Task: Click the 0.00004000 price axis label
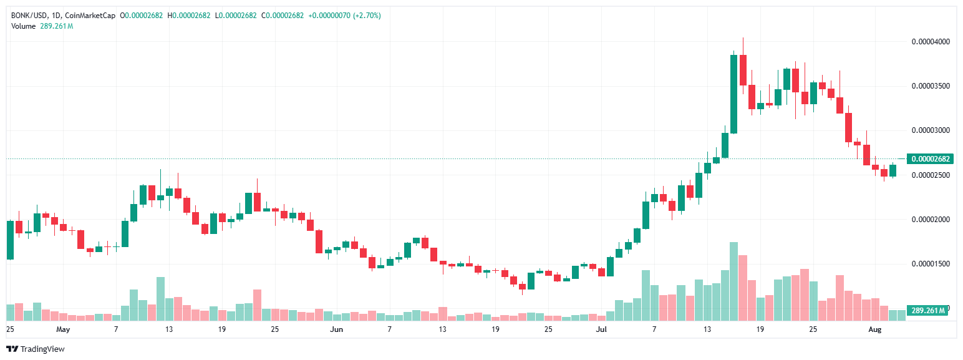(931, 42)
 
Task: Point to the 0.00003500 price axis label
(931, 86)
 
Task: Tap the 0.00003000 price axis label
(931, 130)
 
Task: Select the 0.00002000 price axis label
(931, 220)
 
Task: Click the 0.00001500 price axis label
(931, 264)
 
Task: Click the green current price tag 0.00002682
(930, 158)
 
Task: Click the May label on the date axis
(62, 328)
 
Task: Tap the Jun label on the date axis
(336, 328)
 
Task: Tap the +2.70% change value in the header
(368, 15)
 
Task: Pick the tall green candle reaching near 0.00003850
(733, 94)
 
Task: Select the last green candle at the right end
(893, 170)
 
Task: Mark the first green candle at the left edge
(9, 240)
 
